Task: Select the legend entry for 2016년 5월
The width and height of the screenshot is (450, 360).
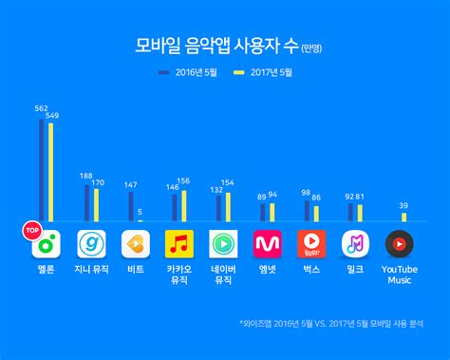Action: pos(194,70)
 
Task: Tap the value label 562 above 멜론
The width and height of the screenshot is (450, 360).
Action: pos(40,108)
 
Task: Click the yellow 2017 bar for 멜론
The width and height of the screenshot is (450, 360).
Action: pos(50,172)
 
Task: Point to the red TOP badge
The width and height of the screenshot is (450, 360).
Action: pos(29,229)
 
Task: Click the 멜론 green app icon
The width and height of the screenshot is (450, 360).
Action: pos(45,243)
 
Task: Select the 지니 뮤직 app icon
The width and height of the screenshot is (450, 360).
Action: pos(91,243)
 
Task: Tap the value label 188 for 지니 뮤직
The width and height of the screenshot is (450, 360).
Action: pos(86,176)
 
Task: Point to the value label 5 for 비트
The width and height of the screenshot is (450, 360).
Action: pos(140,212)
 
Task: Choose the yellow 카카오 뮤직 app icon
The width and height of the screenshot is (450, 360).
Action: pos(179,243)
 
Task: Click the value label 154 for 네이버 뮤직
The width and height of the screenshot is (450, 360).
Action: pos(228,182)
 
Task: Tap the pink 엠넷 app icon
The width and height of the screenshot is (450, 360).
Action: pos(269,243)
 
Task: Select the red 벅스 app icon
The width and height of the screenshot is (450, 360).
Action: pos(312,243)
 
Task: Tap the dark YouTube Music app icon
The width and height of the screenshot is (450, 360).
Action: pos(400,243)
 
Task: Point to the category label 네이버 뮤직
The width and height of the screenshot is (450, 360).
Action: pos(224,275)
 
